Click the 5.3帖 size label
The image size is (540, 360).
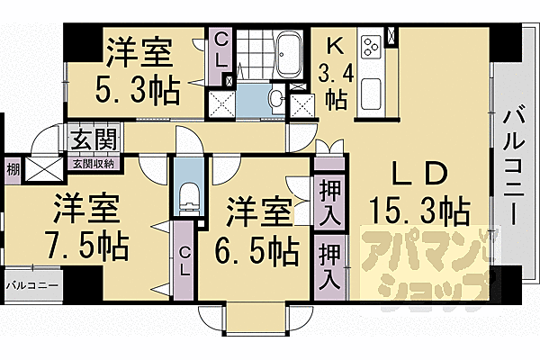tap(138, 91)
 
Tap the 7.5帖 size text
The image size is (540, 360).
tap(86, 243)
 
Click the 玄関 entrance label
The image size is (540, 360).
tap(94, 142)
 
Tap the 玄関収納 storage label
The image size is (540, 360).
tap(94, 163)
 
